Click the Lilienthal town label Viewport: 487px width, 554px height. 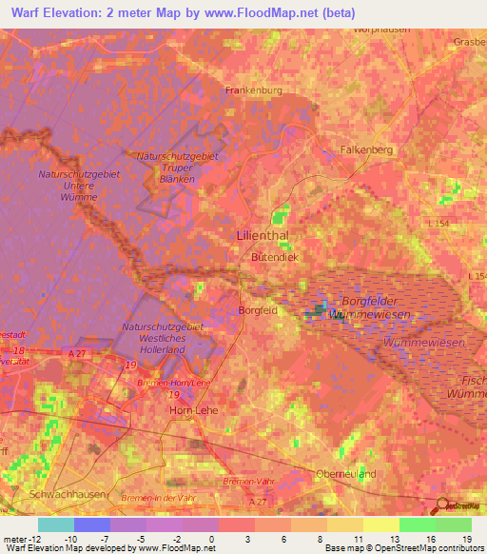(x=262, y=234)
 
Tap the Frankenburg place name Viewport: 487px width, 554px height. (x=254, y=90)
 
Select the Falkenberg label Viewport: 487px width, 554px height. (x=366, y=149)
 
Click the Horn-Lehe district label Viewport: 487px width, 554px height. (x=194, y=409)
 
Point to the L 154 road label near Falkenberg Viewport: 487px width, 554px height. (x=438, y=223)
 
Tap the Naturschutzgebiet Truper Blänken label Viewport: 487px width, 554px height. (x=178, y=168)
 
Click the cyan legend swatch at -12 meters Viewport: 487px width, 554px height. (x=56, y=524)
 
